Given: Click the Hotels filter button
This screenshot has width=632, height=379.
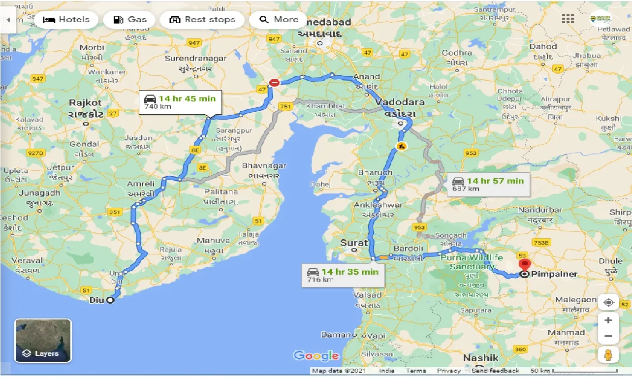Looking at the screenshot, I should click(66, 20).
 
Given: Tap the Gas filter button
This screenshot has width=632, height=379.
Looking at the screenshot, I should click(130, 20).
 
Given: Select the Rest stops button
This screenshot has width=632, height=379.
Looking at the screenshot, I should click(202, 20).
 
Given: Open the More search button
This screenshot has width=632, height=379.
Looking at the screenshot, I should click(279, 20).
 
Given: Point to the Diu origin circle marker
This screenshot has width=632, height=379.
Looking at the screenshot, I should click(110, 300).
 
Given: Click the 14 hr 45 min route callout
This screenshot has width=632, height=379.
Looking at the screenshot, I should click(180, 102).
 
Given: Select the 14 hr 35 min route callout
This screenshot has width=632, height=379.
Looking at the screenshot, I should click(343, 275).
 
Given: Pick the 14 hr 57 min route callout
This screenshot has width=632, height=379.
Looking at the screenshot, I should click(488, 184).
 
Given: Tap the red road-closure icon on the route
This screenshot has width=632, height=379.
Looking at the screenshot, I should click(275, 83).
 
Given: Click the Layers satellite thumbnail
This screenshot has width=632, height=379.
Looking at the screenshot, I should click(43, 341).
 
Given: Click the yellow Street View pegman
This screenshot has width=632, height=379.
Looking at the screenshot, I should click(608, 355).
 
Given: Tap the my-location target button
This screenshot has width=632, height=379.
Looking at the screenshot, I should click(608, 302).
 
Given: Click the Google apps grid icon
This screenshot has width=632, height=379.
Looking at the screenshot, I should click(568, 19).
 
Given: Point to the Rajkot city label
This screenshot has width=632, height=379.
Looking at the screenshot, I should click(86, 103).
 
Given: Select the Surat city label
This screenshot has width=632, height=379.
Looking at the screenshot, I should click(354, 243).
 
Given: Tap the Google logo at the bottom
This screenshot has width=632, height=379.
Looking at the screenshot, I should click(316, 355).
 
